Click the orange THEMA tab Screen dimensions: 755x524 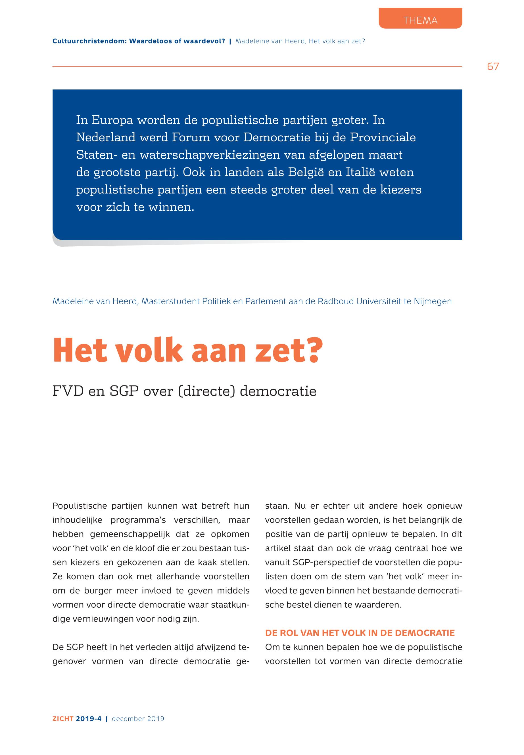(x=420, y=20)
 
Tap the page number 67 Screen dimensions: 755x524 (x=493, y=67)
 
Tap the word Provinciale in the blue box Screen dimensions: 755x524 (x=383, y=137)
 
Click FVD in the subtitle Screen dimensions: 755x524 (x=68, y=391)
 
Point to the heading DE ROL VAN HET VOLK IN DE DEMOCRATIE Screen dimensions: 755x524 (x=360, y=633)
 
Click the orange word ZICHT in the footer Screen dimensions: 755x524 (x=63, y=719)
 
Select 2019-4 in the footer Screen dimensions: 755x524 (x=89, y=719)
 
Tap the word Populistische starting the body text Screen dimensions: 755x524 (x=80, y=506)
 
